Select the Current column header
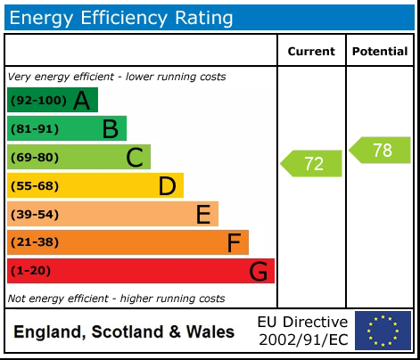click(x=311, y=52)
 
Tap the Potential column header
click(x=379, y=52)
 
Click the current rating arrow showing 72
click(x=312, y=164)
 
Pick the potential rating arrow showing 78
click(x=381, y=151)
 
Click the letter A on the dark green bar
click(x=82, y=101)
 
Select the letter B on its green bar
click(x=110, y=129)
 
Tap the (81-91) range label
click(x=35, y=129)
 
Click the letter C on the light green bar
click(x=135, y=158)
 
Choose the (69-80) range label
click(x=35, y=158)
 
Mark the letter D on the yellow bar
click(x=167, y=186)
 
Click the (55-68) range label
click(x=35, y=186)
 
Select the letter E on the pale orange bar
click(x=202, y=215)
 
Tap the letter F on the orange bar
click(x=234, y=242)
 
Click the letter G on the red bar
click(x=258, y=271)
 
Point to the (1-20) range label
click(x=31, y=271)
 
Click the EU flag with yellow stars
click(x=383, y=331)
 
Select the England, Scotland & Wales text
click(x=124, y=332)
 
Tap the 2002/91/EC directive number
click(x=302, y=340)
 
